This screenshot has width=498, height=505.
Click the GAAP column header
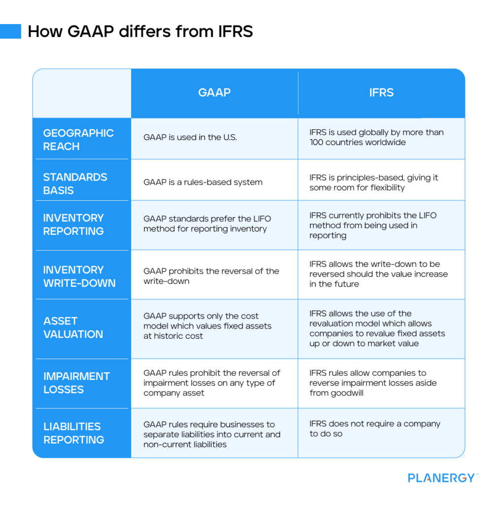pyautogui.click(x=214, y=93)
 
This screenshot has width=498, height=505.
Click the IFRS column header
pyautogui.click(x=381, y=93)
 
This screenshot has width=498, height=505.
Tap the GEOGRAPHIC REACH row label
pyautogui.click(x=78, y=140)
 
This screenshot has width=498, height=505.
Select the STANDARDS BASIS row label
pyautogui.click(x=75, y=183)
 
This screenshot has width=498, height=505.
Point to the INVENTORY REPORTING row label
pyautogui.click(x=73, y=224)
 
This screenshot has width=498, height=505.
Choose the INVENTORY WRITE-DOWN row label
pyautogui.click(x=79, y=276)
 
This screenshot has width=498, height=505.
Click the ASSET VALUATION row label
pyautogui.click(x=73, y=327)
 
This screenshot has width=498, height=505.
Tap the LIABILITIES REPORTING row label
pyautogui.click(x=73, y=433)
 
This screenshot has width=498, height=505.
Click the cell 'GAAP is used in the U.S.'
pyautogui.click(x=190, y=138)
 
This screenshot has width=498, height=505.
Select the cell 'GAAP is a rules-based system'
pyautogui.click(x=203, y=182)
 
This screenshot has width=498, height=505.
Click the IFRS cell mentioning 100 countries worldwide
pyautogui.click(x=376, y=137)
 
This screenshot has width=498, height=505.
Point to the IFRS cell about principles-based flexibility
pyautogui.click(x=373, y=182)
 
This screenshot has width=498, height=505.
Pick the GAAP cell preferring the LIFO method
pyautogui.click(x=207, y=223)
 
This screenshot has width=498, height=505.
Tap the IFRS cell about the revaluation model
pyautogui.click(x=377, y=328)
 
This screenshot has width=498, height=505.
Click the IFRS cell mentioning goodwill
pyautogui.click(x=373, y=383)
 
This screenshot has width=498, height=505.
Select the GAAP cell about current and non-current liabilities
pyautogui.click(x=212, y=434)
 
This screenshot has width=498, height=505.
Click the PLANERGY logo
pyautogui.click(x=442, y=477)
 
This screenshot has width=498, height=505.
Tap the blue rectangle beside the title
pyautogui.click(x=10, y=31)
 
